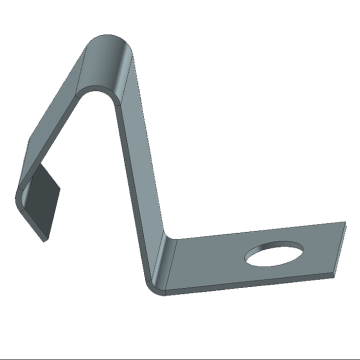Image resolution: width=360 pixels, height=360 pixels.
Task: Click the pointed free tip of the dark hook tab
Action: (44, 236)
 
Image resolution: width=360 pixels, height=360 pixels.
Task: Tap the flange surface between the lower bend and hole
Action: (210, 265)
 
